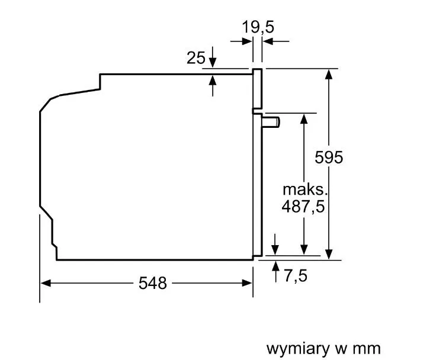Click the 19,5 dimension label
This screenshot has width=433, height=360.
258,27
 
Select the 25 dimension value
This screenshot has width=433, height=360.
196,58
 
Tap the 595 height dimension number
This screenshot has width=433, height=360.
329,157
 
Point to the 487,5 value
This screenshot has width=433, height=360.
303,207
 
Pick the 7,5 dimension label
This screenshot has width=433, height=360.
296,275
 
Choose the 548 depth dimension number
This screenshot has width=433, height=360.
153,283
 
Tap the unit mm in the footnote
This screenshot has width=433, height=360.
367,349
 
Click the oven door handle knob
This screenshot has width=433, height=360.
271,122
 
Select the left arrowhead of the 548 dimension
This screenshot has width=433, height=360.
46,283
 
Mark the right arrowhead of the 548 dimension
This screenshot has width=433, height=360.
247,283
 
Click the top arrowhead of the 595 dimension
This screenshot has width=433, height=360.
329,74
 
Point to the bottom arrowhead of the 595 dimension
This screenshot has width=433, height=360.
329,254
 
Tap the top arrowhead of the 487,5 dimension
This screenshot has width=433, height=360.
304,119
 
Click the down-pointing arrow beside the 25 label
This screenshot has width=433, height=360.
213,57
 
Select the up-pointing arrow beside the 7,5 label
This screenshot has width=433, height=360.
275,272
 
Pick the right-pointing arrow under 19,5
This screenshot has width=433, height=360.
241,41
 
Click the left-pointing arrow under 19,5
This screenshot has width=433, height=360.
276,41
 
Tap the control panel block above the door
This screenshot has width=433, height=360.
257,89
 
